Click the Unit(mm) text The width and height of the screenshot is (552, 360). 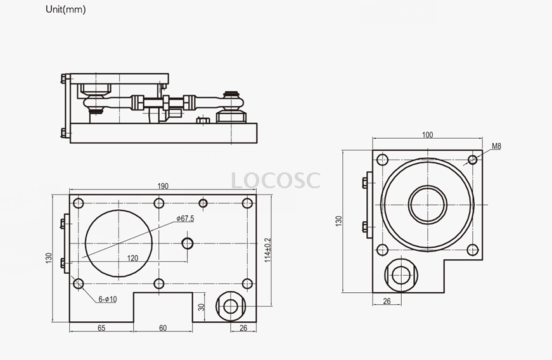pyautogui.click(x=66, y=10)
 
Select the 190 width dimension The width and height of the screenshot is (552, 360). pyautogui.click(x=163, y=186)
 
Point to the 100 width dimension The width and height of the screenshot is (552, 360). pyautogui.click(x=427, y=135)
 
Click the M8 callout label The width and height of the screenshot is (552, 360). pyautogui.click(x=496, y=146)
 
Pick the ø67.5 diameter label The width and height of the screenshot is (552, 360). pyautogui.click(x=185, y=219)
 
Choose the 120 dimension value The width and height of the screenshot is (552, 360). pyautogui.click(x=132, y=258)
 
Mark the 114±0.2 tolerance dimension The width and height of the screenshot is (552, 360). pyautogui.click(x=267, y=250)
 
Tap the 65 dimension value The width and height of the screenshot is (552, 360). pyautogui.click(x=101, y=328)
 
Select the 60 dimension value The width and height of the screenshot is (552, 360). pyautogui.click(x=163, y=328)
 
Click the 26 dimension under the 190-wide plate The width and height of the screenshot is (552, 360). pyautogui.click(x=243, y=328)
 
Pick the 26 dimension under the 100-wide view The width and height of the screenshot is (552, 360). pyautogui.click(x=387, y=301)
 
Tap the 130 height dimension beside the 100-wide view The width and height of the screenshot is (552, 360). pyautogui.click(x=339, y=221)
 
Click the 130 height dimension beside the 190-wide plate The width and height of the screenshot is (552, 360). pyautogui.click(x=49, y=259)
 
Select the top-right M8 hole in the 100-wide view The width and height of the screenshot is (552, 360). pyautogui.click(x=472, y=159)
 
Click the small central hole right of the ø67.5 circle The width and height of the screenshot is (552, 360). pyautogui.click(x=187, y=243)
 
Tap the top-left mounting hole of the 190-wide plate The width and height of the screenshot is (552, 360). pyautogui.click(x=79, y=203)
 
